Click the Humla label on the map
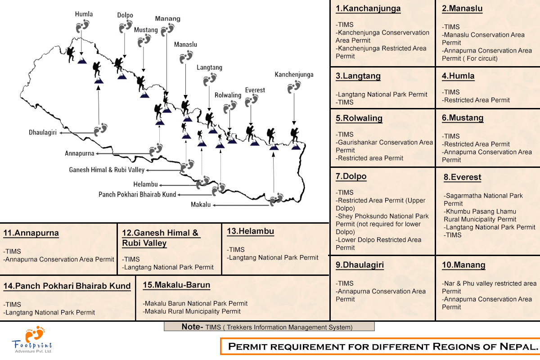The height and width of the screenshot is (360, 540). (x=84, y=14)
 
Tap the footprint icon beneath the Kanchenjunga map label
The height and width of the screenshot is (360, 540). (x=294, y=86)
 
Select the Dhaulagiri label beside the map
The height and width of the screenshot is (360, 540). (x=42, y=133)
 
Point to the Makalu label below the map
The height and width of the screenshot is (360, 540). (x=201, y=205)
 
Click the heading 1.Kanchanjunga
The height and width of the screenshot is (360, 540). (x=368, y=9)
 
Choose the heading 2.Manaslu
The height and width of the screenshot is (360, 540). (x=462, y=9)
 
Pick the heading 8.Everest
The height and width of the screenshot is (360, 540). (x=463, y=177)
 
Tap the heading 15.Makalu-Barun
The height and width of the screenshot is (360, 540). (x=176, y=285)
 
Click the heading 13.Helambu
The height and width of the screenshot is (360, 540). (x=250, y=231)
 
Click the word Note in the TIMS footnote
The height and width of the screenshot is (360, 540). (x=191, y=327)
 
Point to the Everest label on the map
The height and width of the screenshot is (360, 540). (x=255, y=90)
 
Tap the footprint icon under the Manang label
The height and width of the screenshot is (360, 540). (x=167, y=30)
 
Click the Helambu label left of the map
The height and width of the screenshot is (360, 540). (x=145, y=184)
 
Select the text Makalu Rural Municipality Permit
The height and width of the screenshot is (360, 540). (x=192, y=311)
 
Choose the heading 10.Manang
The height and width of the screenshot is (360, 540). (x=463, y=265)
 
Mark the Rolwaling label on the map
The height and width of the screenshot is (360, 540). (x=228, y=95)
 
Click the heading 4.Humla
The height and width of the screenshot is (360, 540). (x=458, y=76)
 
